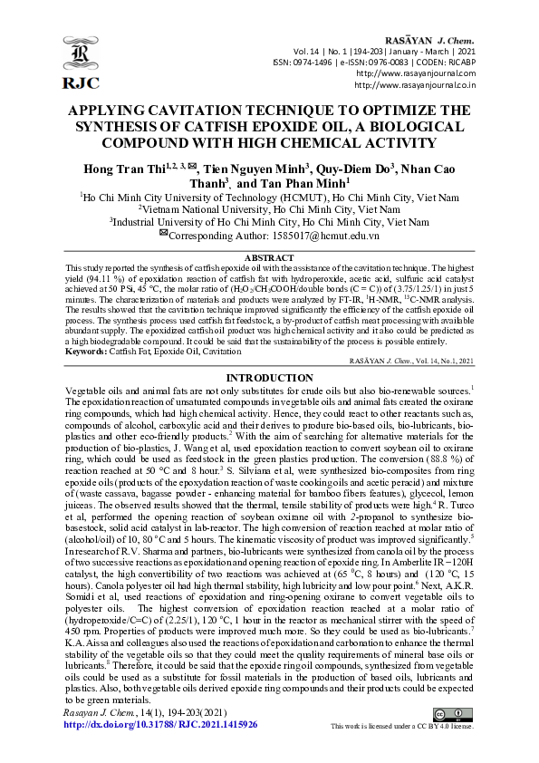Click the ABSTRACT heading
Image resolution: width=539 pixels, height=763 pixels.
click(269, 258)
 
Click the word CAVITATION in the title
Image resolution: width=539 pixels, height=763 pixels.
click(206, 111)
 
